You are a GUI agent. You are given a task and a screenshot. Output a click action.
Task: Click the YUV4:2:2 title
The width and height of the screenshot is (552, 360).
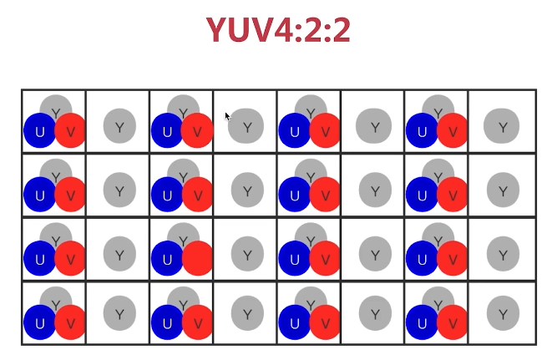click(278, 31)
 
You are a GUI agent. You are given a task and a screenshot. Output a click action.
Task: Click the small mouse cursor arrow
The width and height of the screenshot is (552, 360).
click(227, 115)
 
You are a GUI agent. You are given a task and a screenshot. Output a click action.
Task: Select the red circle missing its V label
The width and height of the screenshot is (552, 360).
click(198, 257)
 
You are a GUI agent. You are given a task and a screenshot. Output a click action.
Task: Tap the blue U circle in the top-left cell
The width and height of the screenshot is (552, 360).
click(39, 131)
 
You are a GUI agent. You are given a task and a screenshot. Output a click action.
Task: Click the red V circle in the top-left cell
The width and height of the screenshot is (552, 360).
click(70, 131)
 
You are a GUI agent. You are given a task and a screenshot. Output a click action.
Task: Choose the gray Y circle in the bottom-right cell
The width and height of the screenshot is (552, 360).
click(502, 314)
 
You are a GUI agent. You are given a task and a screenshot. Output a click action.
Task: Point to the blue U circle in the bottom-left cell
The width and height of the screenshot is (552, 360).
click(39, 322)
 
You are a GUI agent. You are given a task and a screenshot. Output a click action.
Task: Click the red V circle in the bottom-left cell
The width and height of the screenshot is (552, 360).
click(70, 322)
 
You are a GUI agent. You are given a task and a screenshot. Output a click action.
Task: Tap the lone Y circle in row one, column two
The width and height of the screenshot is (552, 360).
click(119, 127)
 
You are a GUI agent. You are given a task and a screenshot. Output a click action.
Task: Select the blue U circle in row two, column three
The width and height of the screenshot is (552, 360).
click(167, 195)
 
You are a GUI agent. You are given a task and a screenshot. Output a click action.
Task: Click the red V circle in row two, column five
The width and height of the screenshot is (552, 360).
click(325, 195)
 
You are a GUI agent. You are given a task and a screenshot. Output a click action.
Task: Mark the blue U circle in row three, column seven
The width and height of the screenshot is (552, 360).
click(422, 258)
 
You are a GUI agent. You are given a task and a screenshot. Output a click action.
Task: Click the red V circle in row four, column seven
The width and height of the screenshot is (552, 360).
click(452, 322)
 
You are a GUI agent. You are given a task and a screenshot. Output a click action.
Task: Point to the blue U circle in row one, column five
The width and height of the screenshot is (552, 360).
click(294, 131)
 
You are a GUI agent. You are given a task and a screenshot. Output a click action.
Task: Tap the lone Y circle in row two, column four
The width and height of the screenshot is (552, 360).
click(247, 190)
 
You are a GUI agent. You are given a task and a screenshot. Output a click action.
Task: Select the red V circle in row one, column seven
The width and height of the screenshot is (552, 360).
click(452, 131)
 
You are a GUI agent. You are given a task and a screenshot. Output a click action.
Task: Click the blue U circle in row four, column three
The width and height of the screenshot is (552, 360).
click(167, 322)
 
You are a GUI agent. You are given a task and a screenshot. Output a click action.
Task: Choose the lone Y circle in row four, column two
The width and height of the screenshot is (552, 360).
click(119, 314)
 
